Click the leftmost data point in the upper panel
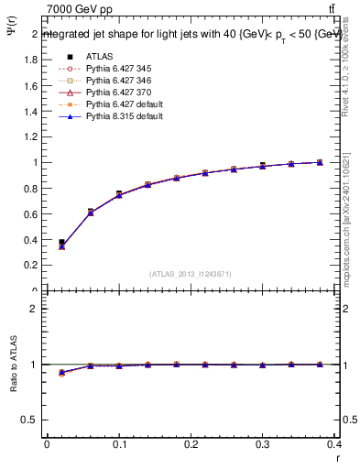tap(61, 245)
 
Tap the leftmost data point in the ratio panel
tap(61, 373)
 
